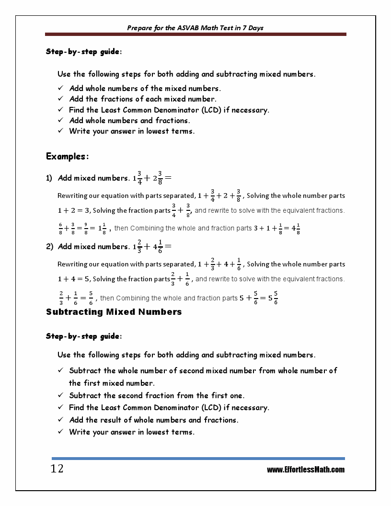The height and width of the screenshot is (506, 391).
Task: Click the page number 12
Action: tap(57, 469)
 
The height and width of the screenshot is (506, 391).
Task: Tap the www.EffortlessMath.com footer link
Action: tap(306, 470)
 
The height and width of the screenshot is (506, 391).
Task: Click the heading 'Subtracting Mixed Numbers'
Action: tap(114, 312)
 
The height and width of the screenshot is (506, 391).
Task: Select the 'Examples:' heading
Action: tap(68, 156)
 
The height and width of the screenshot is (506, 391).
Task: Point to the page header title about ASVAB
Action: tap(195, 28)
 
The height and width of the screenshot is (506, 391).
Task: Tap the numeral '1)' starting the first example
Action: tap(49, 178)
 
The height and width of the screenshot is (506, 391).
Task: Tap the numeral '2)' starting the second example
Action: tap(49, 247)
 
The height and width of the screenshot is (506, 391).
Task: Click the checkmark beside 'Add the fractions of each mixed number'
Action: tap(61, 99)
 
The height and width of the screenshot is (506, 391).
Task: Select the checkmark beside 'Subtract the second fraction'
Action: tap(61, 395)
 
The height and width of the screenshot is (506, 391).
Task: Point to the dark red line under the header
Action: tap(195, 34)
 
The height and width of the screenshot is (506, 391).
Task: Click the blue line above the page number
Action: tap(198, 459)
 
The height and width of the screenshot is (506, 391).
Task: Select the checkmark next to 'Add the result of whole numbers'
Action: tap(61, 420)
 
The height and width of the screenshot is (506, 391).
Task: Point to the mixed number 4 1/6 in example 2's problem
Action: tap(158, 247)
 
